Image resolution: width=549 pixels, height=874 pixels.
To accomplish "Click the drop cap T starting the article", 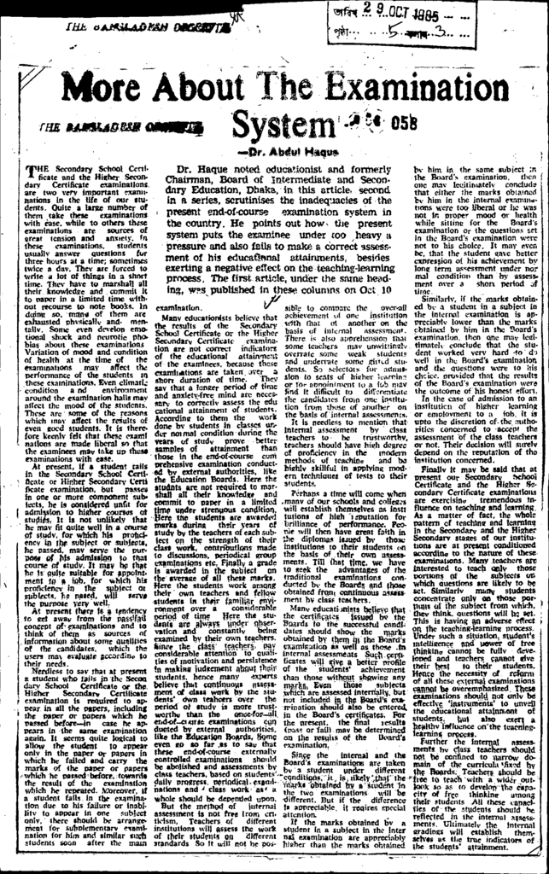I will tap(32, 172).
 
